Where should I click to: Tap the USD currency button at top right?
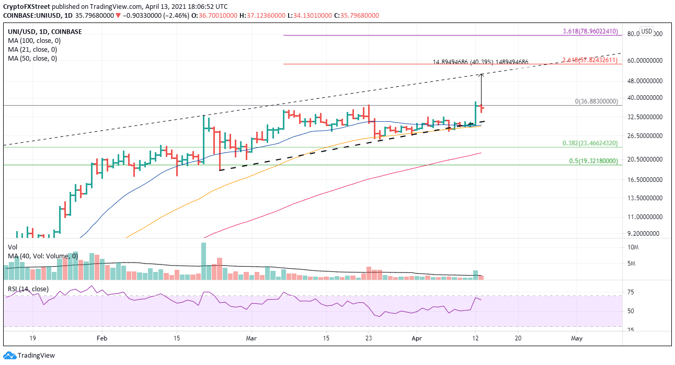(x=646, y=31)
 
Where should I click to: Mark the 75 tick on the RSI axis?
(x=632, y=293)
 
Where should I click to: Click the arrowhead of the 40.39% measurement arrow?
(x=481, y=75)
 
